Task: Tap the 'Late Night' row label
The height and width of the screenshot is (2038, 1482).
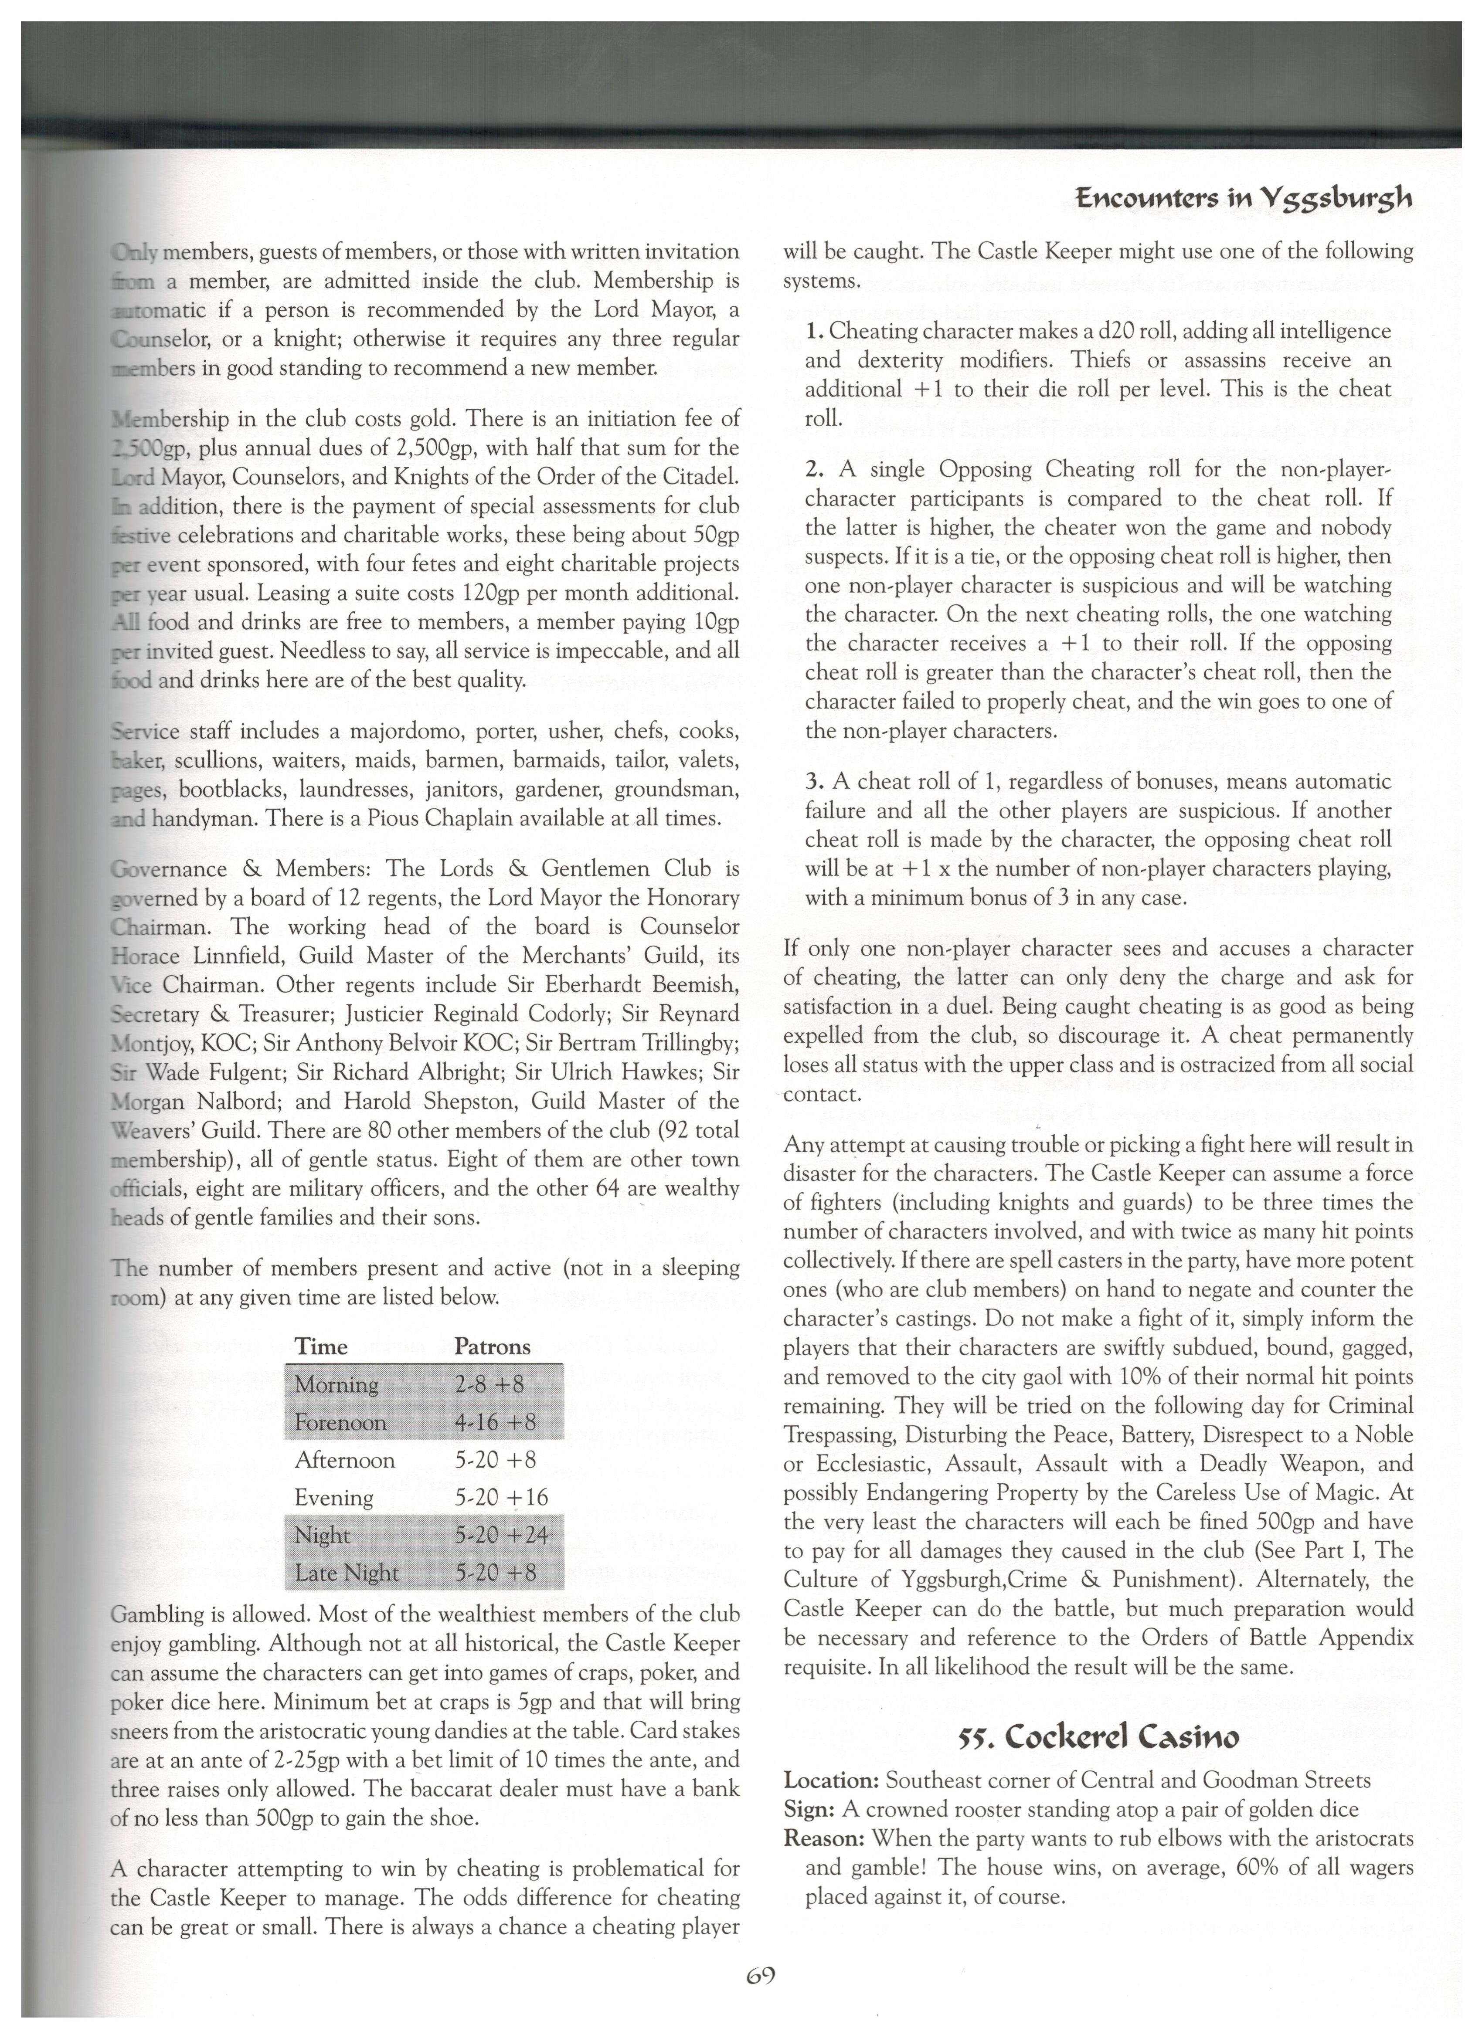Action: click(x=347, y=1573)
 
